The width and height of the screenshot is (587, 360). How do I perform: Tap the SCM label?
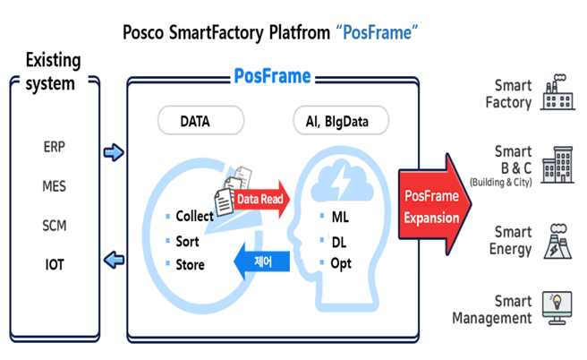click(x=54, y=226)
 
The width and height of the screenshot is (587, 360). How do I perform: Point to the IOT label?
click(x=54, y=264)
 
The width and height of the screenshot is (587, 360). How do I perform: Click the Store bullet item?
click(x=190, y=264)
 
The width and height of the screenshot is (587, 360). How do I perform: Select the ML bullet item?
click(x=339, y=216)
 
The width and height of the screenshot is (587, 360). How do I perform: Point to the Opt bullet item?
click(x=342, y=264)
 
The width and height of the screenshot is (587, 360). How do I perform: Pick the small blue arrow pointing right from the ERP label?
click(x=114, y=152)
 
